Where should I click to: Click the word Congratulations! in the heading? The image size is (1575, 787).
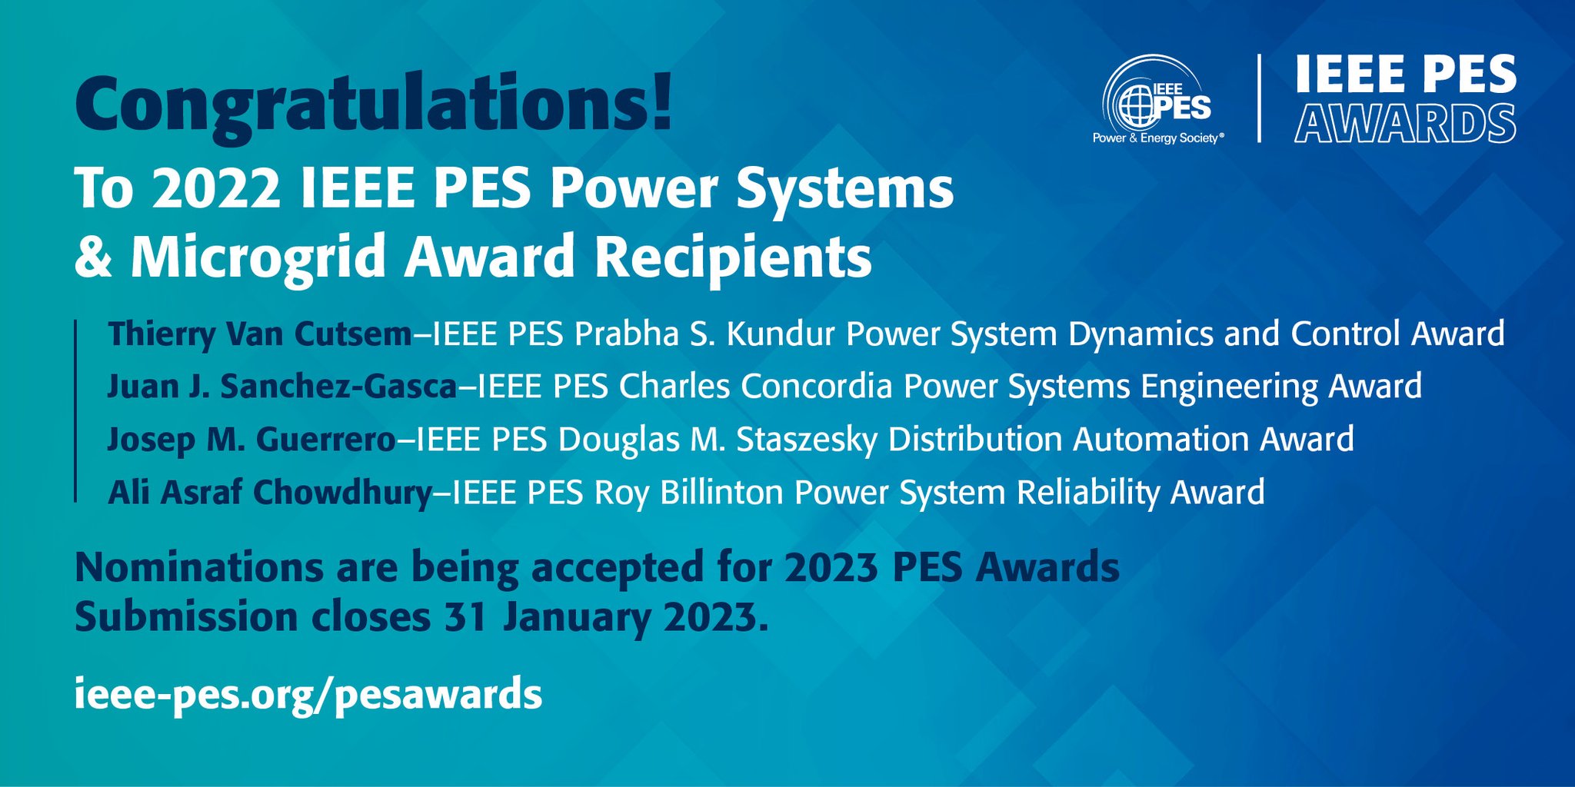point(374,104)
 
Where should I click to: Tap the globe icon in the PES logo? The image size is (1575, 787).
point(1136,107)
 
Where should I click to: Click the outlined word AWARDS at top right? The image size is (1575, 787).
point(1405,124)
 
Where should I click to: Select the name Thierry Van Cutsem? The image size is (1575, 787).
point(260,334)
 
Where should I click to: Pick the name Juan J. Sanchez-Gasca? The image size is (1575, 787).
point(281,387)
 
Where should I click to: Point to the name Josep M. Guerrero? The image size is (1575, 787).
point(251,440)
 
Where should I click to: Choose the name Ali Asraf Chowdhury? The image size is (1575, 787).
point(270,493)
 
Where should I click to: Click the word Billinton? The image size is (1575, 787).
point(721,493)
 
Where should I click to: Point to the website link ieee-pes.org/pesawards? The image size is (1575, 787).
point(308,694)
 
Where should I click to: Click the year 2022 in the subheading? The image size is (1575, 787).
point(216,189)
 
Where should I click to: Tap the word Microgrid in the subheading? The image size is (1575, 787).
point(258,257)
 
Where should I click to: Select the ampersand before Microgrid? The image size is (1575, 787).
point(93,257)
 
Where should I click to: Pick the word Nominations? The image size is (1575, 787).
point(199,568)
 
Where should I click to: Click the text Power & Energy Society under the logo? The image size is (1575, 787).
point(1156,138)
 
